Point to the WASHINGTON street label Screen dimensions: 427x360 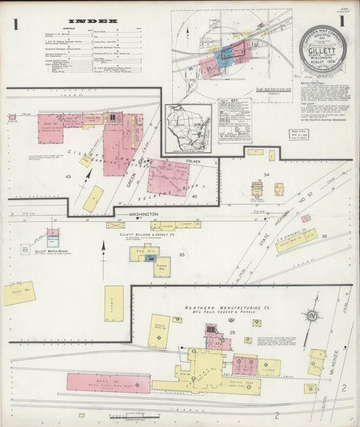(143, 214)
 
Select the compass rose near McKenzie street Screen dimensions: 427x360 (312, 315)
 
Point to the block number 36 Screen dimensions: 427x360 (324, 236)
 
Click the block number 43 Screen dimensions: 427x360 (68, 176)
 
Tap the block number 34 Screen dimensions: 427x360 (266, 175)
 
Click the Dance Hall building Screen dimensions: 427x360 (19, 293)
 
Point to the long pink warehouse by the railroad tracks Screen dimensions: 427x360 (108, 383)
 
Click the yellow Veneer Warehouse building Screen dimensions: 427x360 (159, 331)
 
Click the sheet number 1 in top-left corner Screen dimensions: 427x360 (15, 24)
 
